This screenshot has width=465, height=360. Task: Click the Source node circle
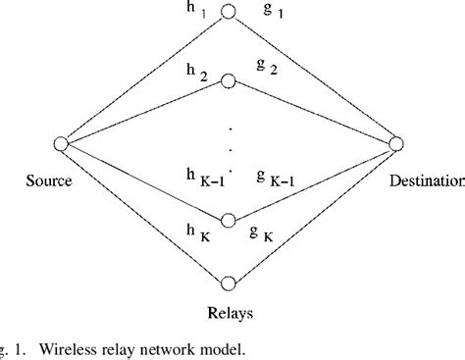pos(60,144)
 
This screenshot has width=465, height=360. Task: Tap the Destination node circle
pos(396,144)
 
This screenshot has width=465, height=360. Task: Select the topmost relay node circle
pos(230,13)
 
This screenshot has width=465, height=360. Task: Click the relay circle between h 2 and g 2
pos(230,79)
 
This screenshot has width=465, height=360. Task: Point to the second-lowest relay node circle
pos(230,222)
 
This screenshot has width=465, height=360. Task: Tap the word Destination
pos(425,180)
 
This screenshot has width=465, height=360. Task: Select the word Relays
pos(231,316)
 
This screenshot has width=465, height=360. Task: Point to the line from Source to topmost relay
pos(142,79)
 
